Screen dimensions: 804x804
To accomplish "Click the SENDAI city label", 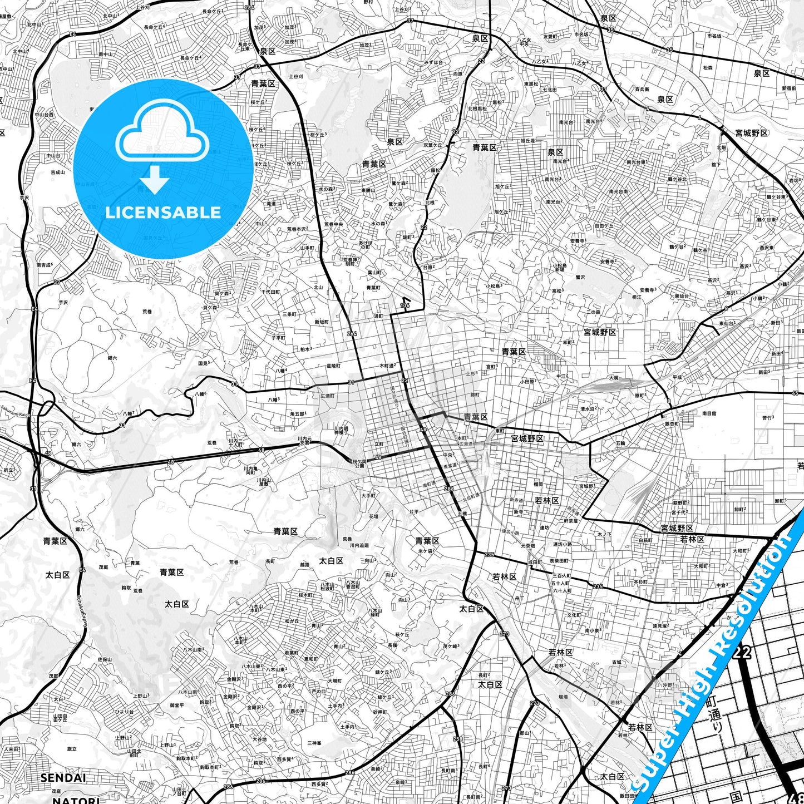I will tap(63, 777).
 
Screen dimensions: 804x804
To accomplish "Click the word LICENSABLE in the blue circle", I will tap(163, 212).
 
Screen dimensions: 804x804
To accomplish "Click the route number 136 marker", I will tap(405, 305).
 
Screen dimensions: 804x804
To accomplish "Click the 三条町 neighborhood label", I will tap(289, 314).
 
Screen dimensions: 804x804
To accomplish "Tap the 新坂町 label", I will tap(322, 322).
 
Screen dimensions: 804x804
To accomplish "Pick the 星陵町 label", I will tap(333, 366).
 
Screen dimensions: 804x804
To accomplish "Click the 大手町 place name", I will tap(368, 495).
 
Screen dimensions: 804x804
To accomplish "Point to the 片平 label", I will tap(414, 511).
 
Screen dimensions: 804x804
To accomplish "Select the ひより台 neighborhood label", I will tap(124, 712).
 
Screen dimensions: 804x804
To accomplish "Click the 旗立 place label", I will tap(72, 748).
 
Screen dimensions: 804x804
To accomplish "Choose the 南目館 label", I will tap(709, 413).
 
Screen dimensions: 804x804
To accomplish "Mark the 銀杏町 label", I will tap(672, 423).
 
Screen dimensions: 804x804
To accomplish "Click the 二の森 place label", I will tap(593, 312).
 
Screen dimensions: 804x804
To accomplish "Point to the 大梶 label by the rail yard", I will tap(613, 377).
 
